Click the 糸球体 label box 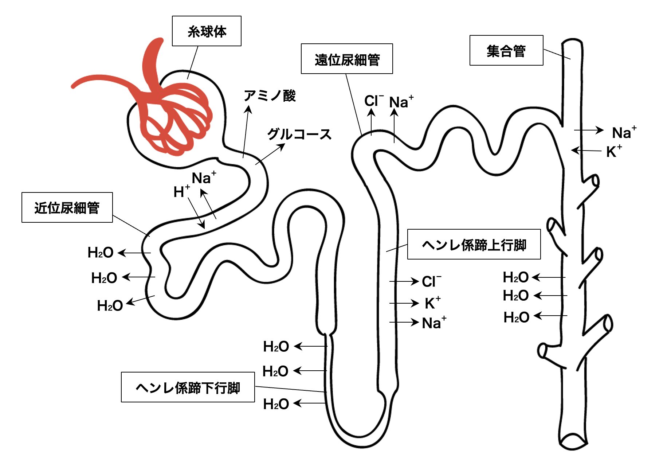pos(207,31)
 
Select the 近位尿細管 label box pos(67,207)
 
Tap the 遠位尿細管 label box pos(347,59)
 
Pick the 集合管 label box pos(506,51)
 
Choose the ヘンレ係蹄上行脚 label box pos(474,245)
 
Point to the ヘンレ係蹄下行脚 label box pos(188,387)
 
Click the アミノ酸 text pos(270,95)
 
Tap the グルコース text pos(299,134)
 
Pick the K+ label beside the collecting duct pos(614,151)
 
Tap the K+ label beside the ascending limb pos(432,303)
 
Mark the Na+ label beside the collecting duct pos(624,132)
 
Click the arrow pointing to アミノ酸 pos(246,132)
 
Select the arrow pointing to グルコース pos(270,154)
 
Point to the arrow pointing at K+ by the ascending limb pos(404,303)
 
